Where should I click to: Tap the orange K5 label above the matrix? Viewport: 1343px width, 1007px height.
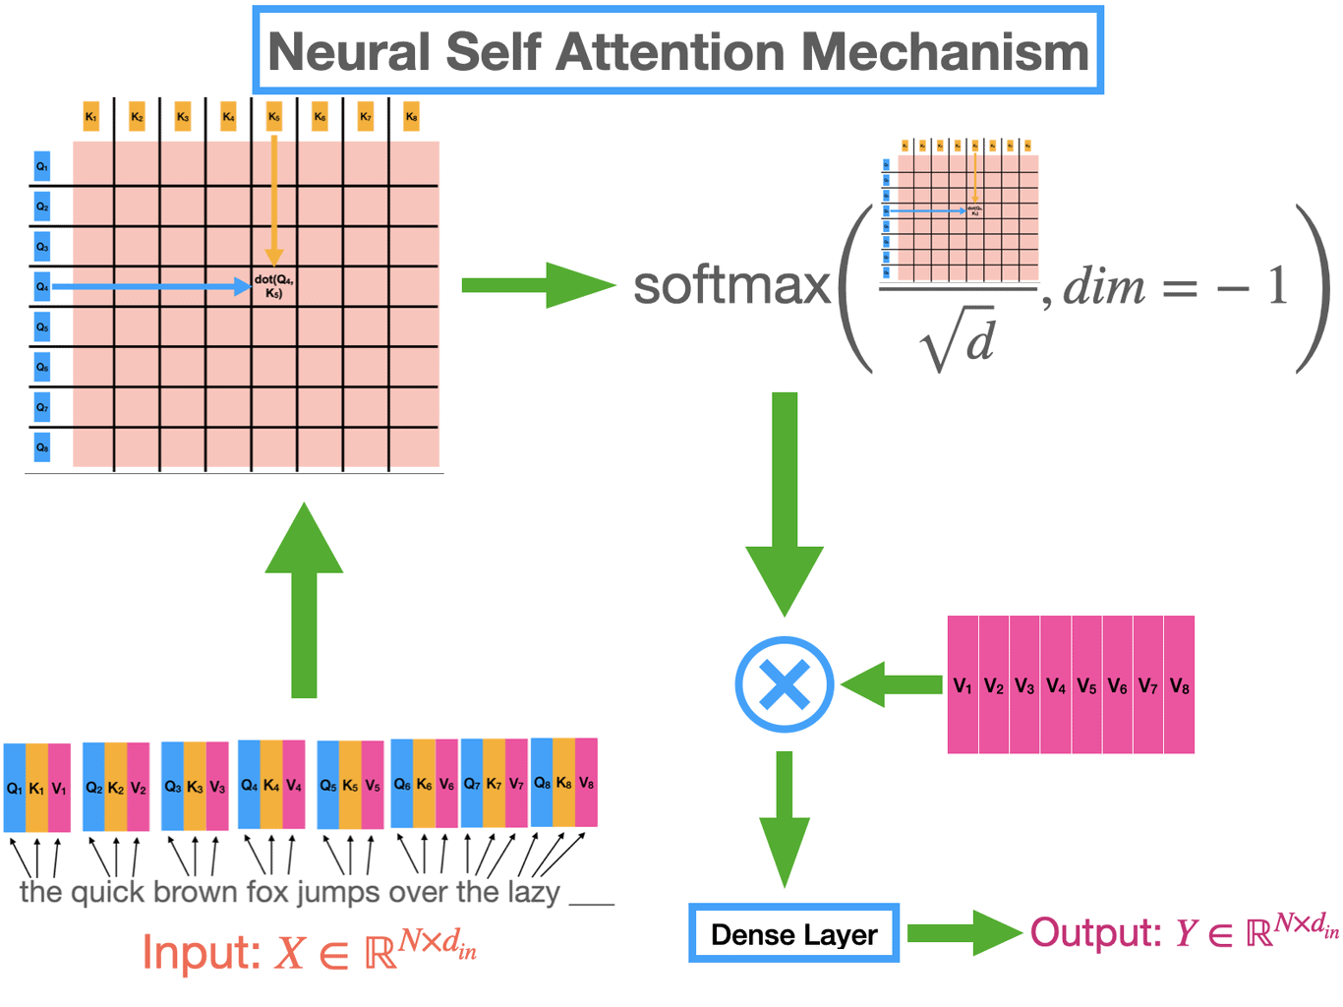[274, 117]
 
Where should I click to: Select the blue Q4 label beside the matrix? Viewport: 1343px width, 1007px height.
[42, 286]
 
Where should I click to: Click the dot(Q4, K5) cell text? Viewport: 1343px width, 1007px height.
[274, 286]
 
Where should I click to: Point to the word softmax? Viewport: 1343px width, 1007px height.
[731, 286]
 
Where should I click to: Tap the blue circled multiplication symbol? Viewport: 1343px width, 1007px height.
[785, 684]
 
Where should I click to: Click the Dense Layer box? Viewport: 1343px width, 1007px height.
[793, 934]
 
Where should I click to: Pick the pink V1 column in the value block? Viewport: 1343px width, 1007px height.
[963, 685]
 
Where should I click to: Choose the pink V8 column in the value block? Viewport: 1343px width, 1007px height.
[1179, 685]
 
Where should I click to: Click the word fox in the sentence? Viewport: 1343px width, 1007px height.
[266, 892]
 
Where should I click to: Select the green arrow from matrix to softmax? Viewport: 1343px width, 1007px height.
[536, 285]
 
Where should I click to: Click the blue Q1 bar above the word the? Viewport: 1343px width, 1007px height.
[15, 788]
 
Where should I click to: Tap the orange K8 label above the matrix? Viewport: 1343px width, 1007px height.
[411, 117]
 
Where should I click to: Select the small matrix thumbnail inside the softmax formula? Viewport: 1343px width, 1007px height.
[961, 211]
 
